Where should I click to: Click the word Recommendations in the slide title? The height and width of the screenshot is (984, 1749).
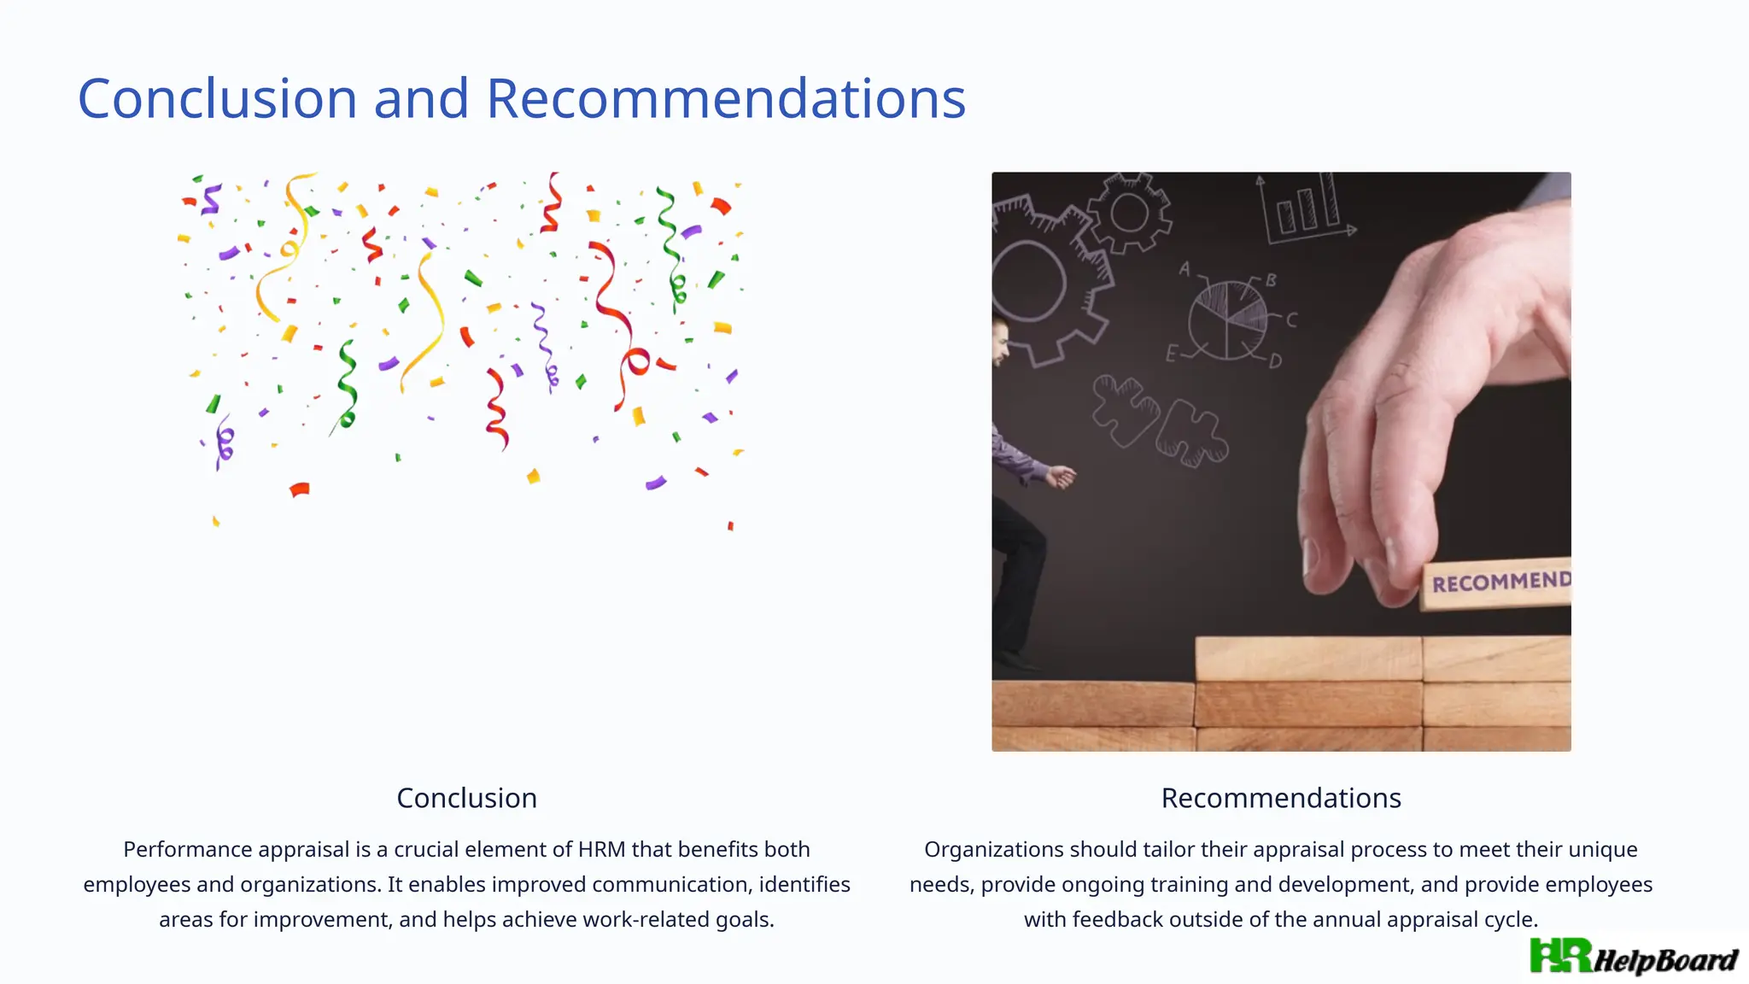tap(725, 98)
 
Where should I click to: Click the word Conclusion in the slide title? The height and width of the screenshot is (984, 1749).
tap(217, 98)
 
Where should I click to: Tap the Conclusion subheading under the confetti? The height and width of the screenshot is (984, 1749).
tap(466, 798)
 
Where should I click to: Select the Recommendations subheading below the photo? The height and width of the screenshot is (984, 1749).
tap(1280, 798)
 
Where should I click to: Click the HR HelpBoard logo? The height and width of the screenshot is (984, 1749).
tap(1633, 957)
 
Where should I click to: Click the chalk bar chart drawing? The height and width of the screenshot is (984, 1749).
tap(1304, 209)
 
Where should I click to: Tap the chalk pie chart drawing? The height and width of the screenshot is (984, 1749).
tap(1228, 319)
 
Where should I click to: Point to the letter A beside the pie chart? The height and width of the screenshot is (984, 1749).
tap(1185, 269)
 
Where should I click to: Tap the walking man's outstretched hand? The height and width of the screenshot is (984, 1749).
tap(1062, 477)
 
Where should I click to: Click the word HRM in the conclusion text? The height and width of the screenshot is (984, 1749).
tap(601, 850)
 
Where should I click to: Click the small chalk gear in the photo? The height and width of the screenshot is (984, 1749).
tap(1129, 214)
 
